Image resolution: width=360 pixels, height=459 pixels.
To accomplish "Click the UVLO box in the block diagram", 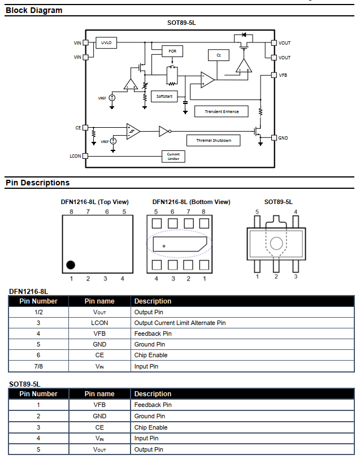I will (x=106, y=43).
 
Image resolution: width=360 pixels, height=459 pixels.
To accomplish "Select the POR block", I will (x=172, y=51).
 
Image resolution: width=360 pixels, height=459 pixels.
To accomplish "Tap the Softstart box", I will (x=164, y=96).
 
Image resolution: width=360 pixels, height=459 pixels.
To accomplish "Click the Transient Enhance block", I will (x=222, y=111).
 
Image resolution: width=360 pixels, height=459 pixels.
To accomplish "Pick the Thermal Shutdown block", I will (x=213, y=140).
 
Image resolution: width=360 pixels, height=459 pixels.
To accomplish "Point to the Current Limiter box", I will (x=173, y=156).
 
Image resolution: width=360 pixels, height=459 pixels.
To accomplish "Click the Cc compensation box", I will (x=218, y=55).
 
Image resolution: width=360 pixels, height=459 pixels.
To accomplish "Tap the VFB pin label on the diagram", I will (x=283, y=75).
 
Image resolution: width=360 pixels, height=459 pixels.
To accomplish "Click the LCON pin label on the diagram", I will (x=75, y=156).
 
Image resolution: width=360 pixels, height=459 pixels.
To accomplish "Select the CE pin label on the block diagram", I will (x=78, y=128).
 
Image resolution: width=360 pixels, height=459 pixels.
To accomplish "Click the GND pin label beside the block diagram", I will (x=283, y=138).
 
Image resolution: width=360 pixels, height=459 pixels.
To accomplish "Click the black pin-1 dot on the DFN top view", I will (x=71, y=265).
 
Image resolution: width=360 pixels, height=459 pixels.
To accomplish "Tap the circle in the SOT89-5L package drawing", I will (x=276, y=244).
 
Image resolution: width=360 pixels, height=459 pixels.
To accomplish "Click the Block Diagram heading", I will (x=34, y=10).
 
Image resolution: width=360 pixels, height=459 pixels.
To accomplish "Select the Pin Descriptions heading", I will (x=38, y=183).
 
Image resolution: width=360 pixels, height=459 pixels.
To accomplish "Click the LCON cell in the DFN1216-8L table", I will (x=99, y=323).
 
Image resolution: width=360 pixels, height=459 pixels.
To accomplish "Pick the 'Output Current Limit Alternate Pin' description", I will (x=180, y=323).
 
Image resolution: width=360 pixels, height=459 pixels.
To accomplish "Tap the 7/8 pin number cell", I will (x=38, y=366).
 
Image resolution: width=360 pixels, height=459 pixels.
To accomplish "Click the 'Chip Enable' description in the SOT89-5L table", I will (x=151, y=427).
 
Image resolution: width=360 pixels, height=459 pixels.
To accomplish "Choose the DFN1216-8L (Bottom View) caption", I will (x=191, y=202).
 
